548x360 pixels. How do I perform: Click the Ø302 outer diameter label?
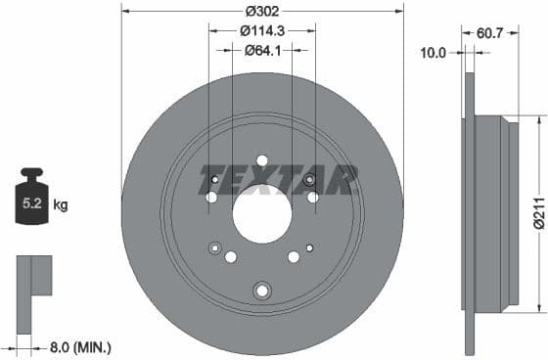tap(261, 11)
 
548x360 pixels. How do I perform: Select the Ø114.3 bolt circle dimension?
tap(261, 30)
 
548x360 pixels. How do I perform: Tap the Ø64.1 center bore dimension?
tap(261, 50)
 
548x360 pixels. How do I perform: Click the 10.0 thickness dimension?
tap(434, 52)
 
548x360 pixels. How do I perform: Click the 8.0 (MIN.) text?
tap(80, 345)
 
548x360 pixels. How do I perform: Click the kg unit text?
tap(61, 205)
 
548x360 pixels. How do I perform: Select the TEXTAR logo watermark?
tap(278, 180)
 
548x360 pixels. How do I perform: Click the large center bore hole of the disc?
tap(261, 213)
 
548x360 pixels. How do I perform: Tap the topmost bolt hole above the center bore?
tap(261, 161)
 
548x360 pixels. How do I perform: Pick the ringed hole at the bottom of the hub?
tap(261, 290)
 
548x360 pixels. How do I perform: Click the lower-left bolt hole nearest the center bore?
tap(231, 256)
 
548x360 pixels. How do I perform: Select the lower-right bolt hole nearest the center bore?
tap(293, 256)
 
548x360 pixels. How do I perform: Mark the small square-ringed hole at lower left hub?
tap(215, 247)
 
